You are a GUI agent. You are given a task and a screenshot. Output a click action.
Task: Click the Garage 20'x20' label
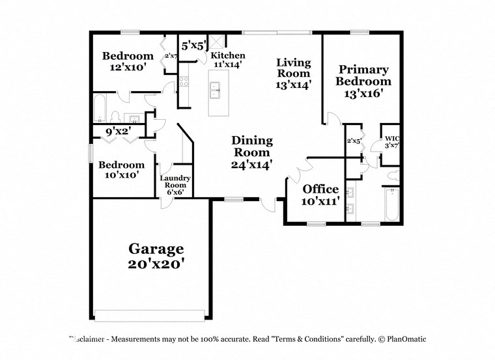156,256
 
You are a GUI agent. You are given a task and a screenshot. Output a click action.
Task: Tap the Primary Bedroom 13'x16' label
363,81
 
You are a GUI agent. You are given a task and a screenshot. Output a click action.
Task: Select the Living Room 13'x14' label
293,73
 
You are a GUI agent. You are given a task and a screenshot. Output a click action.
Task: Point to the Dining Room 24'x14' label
251,152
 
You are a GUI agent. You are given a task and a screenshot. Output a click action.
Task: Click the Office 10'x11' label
320,195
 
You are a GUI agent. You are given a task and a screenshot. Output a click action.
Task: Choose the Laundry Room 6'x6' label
175,185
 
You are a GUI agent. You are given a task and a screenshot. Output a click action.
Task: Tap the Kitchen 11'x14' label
227,60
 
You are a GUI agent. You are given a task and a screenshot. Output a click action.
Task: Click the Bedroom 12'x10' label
128,61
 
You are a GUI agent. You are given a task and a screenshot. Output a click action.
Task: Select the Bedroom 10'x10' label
121,170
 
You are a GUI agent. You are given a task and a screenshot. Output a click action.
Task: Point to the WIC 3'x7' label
391,141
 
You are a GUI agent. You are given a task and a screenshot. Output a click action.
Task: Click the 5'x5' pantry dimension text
193,46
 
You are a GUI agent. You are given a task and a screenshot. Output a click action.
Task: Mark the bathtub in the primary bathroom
391,205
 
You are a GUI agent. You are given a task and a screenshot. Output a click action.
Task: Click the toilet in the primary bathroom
393,175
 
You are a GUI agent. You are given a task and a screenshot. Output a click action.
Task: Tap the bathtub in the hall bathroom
101,109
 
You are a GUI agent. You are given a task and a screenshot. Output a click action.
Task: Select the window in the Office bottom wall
317,224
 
